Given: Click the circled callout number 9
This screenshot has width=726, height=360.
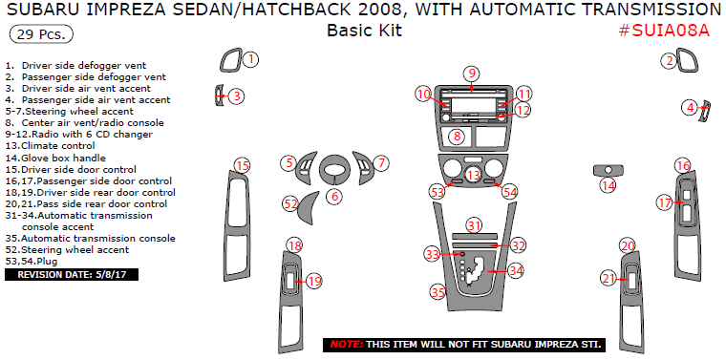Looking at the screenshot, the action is [472, 74].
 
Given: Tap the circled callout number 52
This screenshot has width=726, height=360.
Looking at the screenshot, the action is [290, 203].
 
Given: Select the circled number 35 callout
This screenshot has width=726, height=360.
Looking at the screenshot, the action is [438, 291].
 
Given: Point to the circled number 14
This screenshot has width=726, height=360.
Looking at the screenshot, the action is [609, 186].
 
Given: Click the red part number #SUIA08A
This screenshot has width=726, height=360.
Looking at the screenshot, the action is [664, 31].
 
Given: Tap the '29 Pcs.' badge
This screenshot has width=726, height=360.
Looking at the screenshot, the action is [41, 34].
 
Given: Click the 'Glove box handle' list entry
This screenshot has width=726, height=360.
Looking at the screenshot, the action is [55, 158].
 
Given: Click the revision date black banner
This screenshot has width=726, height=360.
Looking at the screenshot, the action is [72, 275].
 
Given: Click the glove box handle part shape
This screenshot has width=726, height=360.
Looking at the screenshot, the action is [608, 170].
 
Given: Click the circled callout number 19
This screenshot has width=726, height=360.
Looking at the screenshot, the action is [314, 281].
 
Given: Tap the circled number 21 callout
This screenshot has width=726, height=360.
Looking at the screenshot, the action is [609, 278].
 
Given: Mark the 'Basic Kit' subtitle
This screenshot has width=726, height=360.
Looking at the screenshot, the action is [364, 31].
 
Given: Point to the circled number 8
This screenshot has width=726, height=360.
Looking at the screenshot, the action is [458, 136].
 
